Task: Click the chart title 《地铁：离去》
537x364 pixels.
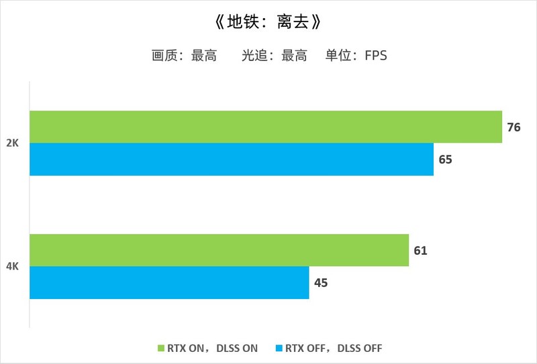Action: tap(268, 22)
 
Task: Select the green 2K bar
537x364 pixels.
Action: tap(266, 127)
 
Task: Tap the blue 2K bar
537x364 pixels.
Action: tap(232, 160)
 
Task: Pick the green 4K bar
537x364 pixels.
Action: tap(219, 250)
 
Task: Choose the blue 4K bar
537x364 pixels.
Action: tap(169, 283)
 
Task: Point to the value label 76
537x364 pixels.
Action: tap(514, 127)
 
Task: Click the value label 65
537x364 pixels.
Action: tap(446, 160)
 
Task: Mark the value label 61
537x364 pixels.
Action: tap(421, 251)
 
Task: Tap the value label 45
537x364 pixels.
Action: tap(321, 283)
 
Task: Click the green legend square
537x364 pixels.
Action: tap(160, 348)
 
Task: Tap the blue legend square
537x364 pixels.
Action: tap(279, 348)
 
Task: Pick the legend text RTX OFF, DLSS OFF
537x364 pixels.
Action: tap(334, 348)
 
